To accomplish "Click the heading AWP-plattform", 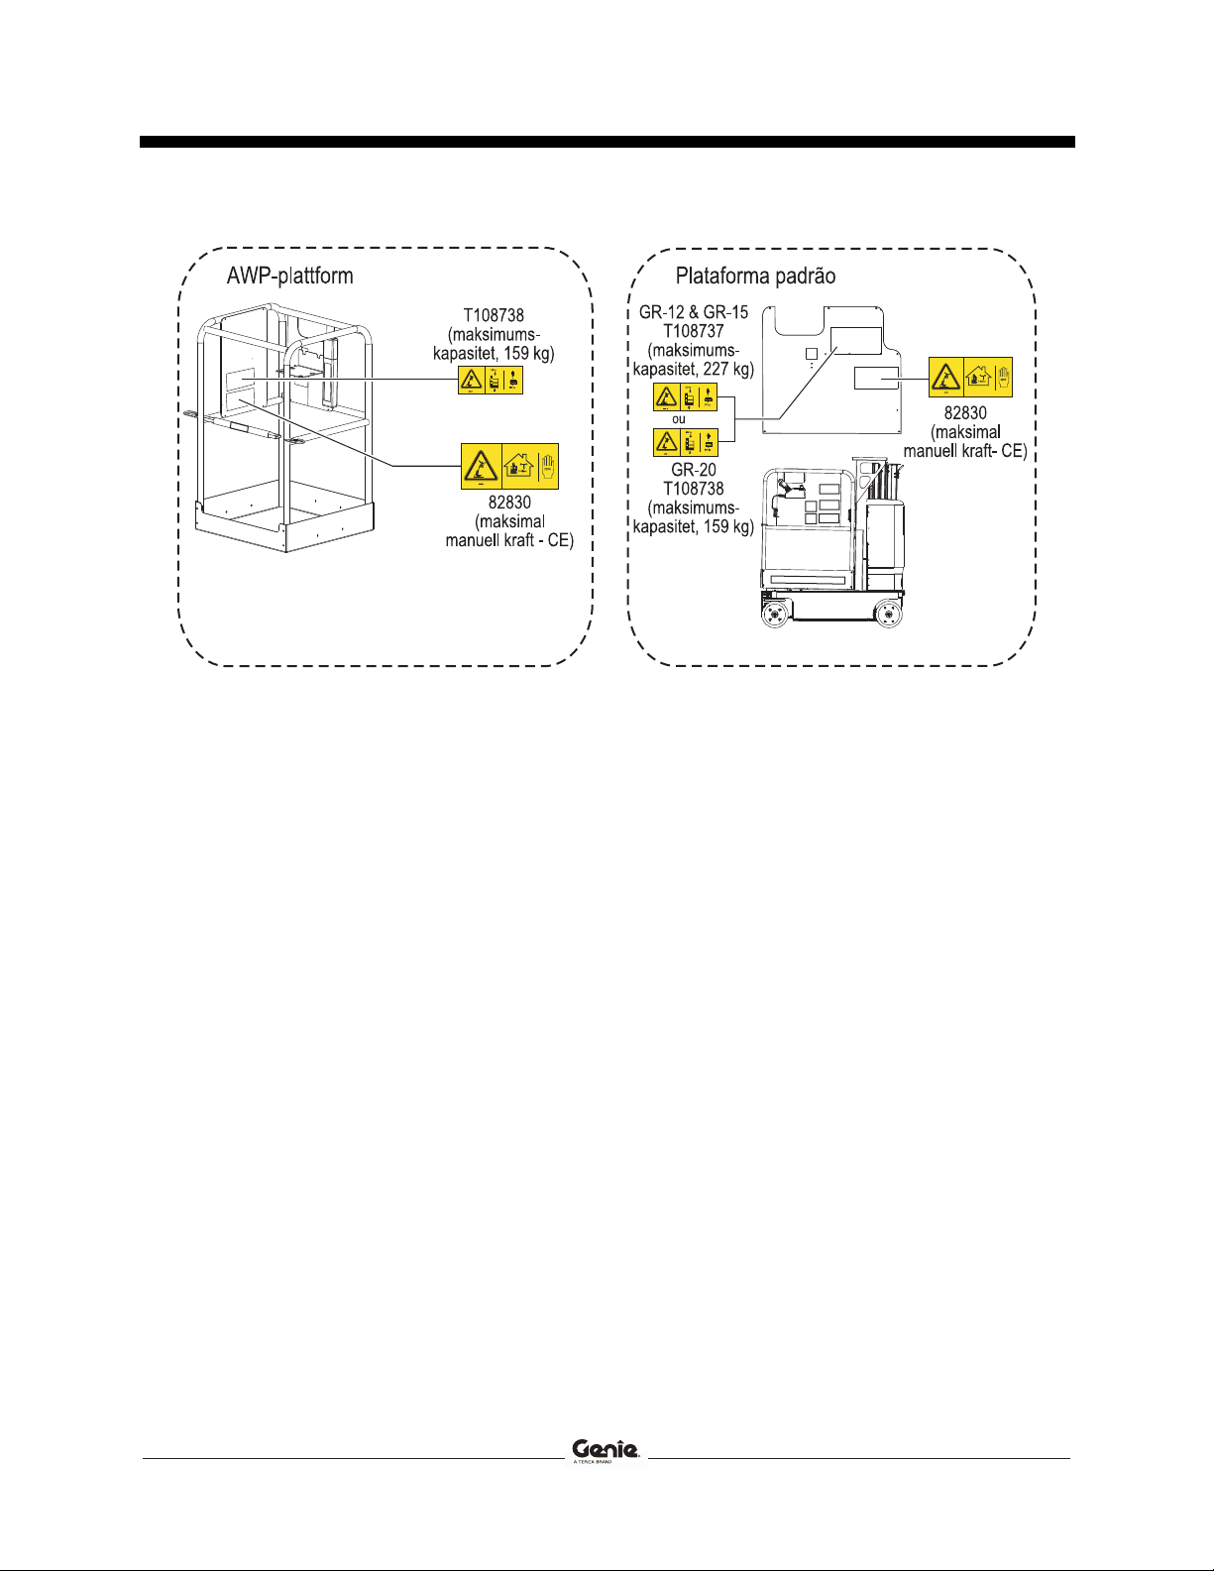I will pos(289,275).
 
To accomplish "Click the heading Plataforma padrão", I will pos(755,276).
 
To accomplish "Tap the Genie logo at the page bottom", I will pos(607,1449).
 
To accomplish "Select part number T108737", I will pos(694,331).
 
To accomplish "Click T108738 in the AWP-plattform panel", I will pos(494,316).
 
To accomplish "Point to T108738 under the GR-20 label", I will pos(694,489).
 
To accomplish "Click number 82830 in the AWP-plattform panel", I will pos(509,503).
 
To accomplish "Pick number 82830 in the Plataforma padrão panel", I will pos(965,412).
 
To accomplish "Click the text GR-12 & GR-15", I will pos(694,312).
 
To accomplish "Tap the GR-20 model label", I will pos(694,470).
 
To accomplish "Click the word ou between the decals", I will pos(679,419).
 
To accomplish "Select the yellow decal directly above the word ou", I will pos(685,397).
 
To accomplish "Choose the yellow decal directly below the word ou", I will pos(685,441).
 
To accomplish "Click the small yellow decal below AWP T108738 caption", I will pos(491,380).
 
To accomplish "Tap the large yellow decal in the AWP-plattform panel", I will pos(509,466).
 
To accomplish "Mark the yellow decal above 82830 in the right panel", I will pos(970,378).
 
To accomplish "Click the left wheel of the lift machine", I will pos(774,616).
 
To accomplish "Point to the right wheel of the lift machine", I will pos(889,616).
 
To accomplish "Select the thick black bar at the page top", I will pos(607,142).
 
